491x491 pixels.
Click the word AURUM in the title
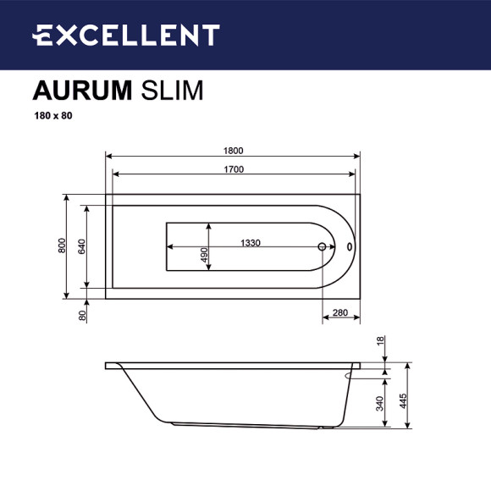click(x=81, y=91)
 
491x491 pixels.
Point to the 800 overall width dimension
click(x=62, y=246)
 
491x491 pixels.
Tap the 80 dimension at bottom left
click(x=82, y=315)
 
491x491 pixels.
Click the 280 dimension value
click(x=340, y=313)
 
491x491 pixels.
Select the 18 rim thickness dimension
click(x=381, y=341)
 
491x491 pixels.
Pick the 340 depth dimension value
click(x=381, y=405)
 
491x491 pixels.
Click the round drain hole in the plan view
click(x=322, y=247)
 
